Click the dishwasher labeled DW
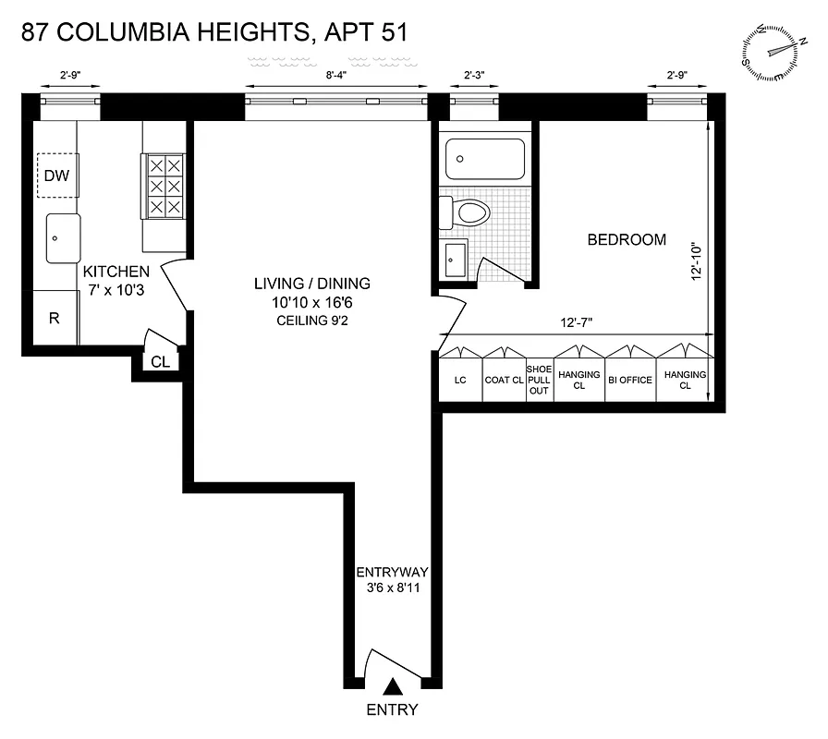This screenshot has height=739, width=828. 57,176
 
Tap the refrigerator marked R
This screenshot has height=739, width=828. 55,318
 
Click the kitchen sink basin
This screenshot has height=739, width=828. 64,238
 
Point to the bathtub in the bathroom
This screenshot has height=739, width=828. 484,158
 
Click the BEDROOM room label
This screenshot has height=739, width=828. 627,240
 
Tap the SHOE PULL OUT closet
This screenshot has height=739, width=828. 539,380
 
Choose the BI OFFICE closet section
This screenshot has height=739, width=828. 630,380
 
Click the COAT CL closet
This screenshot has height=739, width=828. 504,380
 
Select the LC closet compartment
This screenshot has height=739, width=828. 460,380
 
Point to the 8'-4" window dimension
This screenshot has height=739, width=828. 336,78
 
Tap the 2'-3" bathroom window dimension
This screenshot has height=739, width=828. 474,78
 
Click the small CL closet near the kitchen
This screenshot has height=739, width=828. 160,362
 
